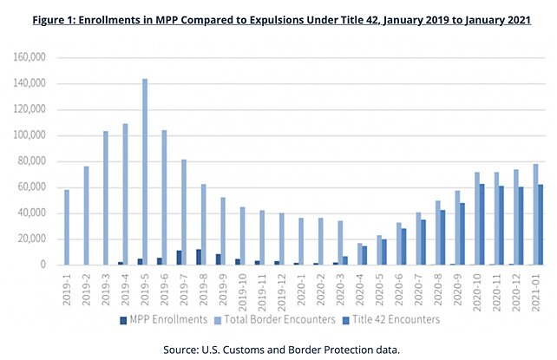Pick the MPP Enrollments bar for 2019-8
[199, 258]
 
